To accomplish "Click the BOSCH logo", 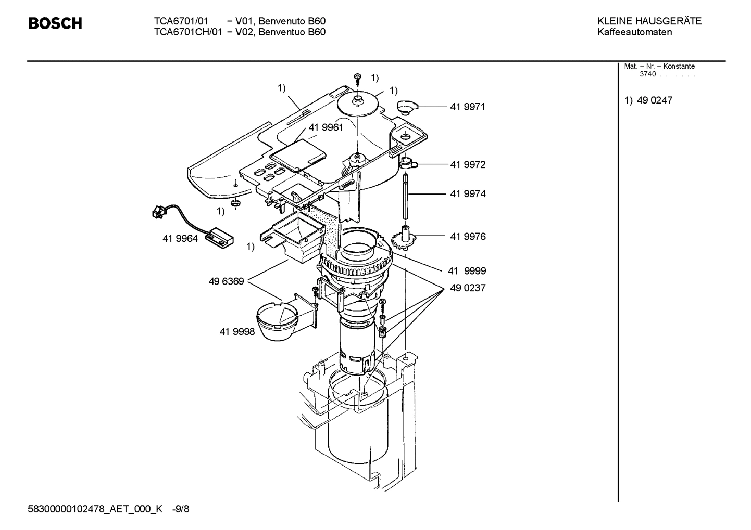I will click(x=55, y=23).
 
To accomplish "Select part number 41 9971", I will click(x=467, y=107).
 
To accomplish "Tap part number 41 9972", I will click(x=467, y=165).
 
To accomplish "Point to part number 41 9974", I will click(x=467, y=194).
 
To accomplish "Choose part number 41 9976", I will click(x=467, y=237).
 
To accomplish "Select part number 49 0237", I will click(x=467, y=288).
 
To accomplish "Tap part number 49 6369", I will click(x=226, y=281).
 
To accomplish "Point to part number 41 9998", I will click(x=237, y=331).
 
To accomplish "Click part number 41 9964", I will click(x=180, y=239).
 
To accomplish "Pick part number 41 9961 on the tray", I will click(x=326, y=127).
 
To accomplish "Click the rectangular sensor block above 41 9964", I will click(x=219, y=238).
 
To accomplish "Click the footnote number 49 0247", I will click(x=655, y=100).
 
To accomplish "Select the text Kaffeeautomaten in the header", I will click(x=634, y=32).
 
